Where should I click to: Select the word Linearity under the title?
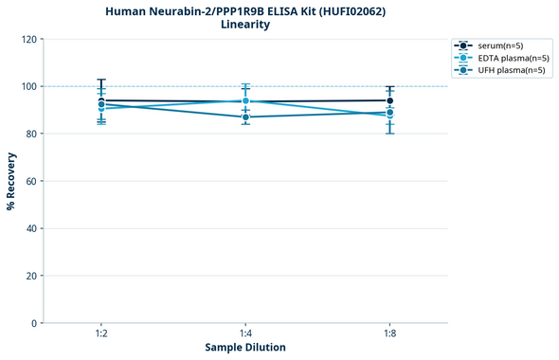click(244, 25)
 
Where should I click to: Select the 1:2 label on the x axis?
click(100, 334)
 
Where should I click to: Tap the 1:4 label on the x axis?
click(245, 334)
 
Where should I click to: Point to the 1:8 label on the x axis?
click(389, 334)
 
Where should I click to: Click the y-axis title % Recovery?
click(11, 180)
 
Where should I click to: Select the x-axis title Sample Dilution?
click(245, 348)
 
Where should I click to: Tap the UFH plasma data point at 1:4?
click(245, 117)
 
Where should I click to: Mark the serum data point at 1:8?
click(389, 100)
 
